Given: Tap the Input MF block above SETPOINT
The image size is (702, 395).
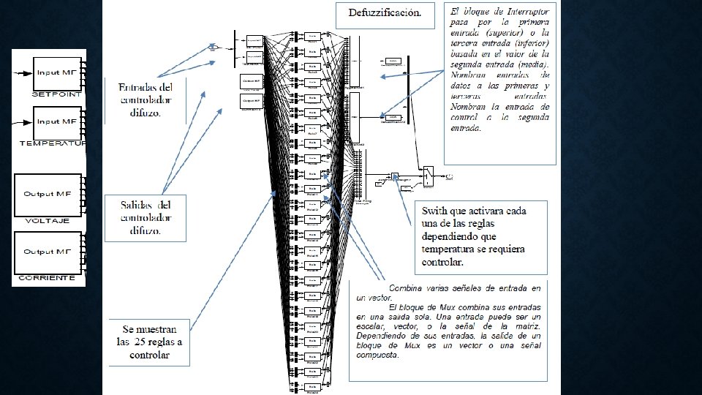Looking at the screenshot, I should click(x=58, y=73).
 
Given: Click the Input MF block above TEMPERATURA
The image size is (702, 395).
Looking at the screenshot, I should click(x=58, y=121).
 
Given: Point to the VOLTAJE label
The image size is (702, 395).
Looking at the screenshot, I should click(x=48, y=220).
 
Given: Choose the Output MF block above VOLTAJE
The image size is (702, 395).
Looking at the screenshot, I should click(x=47, y=194).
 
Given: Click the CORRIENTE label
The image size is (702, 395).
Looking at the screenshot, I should click(x=48, y=278).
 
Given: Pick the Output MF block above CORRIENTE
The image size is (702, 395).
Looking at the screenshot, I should click(x=47, y=252).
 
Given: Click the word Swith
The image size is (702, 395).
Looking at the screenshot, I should click(x=436, y=211).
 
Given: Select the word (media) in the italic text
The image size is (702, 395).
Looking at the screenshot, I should click(x=532, y=64).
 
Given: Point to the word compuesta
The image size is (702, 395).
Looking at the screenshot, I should click(x=378, y=355).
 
